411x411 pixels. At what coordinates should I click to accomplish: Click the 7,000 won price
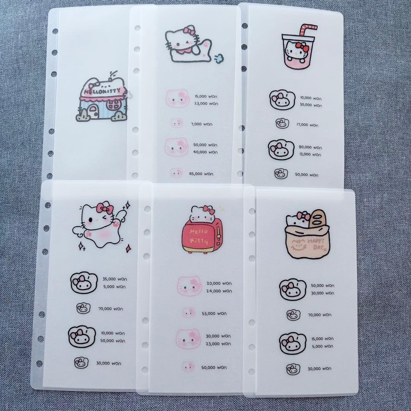pos(202,124)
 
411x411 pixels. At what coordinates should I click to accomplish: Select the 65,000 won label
pos(201,174)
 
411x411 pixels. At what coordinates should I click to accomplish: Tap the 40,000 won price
pos(205,152)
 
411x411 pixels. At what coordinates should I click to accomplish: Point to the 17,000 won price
pos(307,125)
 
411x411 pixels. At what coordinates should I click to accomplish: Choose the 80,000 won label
pos(310,147)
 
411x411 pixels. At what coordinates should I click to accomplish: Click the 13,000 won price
pos(310,155)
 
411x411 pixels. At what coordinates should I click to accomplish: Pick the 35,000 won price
pos(115,279)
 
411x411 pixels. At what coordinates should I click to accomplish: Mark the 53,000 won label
pos(214,313)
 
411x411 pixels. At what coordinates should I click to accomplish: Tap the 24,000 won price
pos(219,291)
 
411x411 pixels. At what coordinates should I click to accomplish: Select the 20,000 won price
pos(219,284)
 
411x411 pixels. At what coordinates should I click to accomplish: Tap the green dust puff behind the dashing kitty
pos(219,58)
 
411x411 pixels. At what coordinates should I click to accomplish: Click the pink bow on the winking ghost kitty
pos(105,209)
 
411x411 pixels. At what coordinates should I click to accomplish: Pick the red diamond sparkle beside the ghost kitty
pos(129,248)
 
